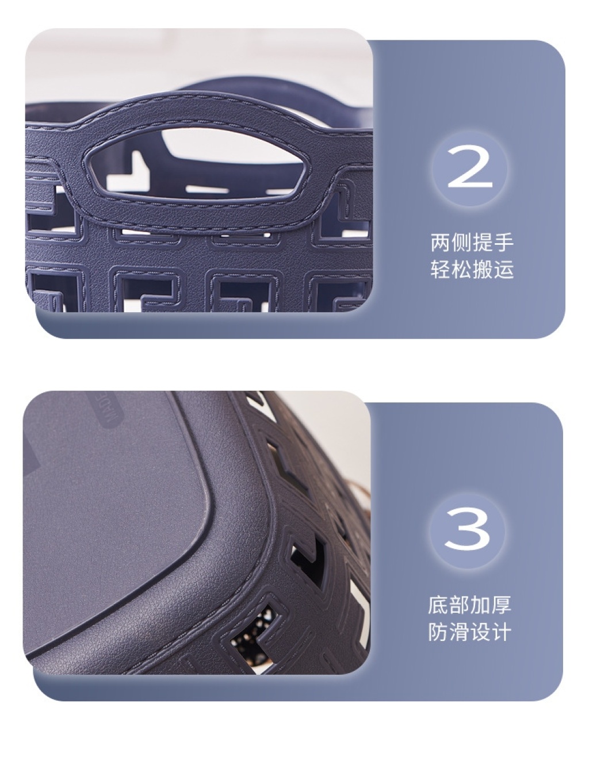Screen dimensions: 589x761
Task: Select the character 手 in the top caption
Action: tap(503, 242)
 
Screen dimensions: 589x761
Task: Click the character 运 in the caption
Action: tap(503, 270)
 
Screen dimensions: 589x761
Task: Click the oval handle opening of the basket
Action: tap(196, 164)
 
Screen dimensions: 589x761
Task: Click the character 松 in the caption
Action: tap(461, 270)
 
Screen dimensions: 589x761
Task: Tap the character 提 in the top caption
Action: tap(483, 242)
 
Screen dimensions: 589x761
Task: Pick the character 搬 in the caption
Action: tap(483, 270)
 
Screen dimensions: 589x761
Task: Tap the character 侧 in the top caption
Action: tap(461, 242)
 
